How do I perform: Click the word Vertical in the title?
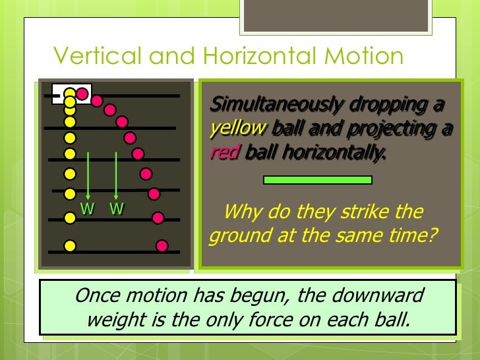98,56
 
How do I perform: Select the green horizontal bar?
317,179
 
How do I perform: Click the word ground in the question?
235,236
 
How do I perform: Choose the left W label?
87,210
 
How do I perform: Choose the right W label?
117,210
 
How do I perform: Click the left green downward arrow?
88,175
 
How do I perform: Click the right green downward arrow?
116,175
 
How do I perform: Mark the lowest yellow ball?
70,246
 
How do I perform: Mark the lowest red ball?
162,246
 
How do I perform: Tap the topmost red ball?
82,94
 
